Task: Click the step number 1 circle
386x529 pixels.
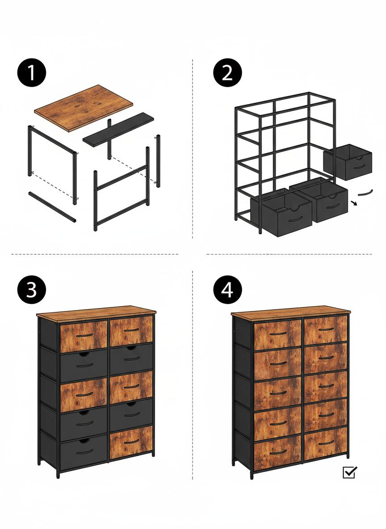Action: pos(32,73)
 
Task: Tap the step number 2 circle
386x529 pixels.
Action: pos(227,73)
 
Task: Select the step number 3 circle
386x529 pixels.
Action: pos(32,290)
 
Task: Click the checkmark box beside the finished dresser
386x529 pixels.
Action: pos(349,472)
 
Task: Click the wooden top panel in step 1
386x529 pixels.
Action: pos(84,108)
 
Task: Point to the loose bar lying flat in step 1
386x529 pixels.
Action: pos(52,207)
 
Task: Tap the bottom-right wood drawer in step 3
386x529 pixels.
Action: pos(131,442)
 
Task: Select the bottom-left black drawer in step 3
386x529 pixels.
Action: pos(84,453)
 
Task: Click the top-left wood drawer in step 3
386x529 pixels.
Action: pos(84,336)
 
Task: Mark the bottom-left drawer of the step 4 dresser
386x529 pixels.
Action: pos(277,452)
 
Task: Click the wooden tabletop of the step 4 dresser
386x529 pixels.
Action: pos(290,312)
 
